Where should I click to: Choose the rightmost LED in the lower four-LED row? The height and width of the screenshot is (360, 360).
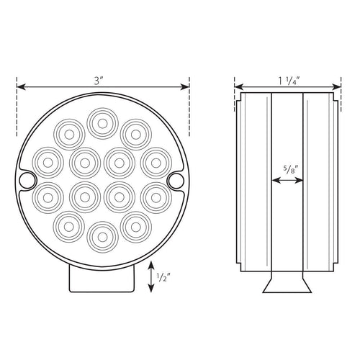pos(156,195)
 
